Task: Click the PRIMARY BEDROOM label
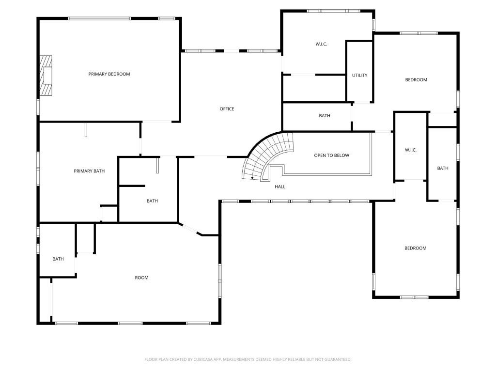pos(109,74)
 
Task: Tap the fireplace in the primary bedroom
pos(46,76)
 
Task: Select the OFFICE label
pos(227,109)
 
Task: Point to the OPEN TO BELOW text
pos(331,155)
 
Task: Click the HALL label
pos(280,186)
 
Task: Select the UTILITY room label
pos(359,76)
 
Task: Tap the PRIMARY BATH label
pos(89,171)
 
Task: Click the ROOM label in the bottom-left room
pos(141,278)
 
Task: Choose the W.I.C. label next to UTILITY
pos(321,44)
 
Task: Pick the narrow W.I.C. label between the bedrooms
pos(410,150)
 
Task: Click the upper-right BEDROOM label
pos(416,80)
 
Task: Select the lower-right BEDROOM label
pos(415,248)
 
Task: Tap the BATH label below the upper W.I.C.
pos(325,116)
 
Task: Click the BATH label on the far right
pos(443,169)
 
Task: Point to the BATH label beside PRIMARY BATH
pos(152,201)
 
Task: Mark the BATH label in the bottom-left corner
pos(58,259)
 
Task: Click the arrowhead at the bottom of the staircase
pos(252,178)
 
